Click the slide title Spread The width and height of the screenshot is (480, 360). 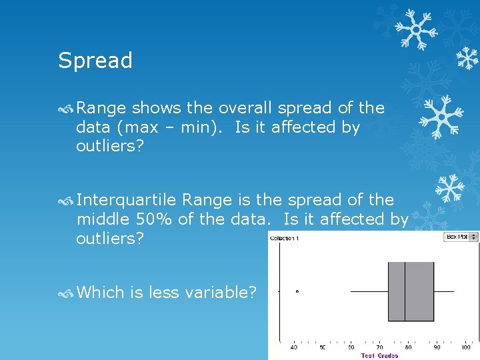click(x=95, y=61)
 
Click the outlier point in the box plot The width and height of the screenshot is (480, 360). click(x=297, y=291)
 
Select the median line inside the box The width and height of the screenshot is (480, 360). click(x=405, y=291)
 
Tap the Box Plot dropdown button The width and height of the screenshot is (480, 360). click(x=461, y=237)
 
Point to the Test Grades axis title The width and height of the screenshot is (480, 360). click(x=379, y=355)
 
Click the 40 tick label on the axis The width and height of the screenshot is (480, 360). click(x=294, y=347)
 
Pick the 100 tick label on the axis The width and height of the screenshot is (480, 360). click(x=465, y=347)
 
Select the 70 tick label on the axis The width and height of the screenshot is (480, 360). click(x=379, y=347)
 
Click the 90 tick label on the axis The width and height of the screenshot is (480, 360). click(x=437, y=347)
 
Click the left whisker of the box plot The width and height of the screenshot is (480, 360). click(x=369, y=291)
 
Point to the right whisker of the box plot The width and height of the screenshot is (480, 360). click(x=444, y=291)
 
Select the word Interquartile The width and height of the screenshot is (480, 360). click(x=127, y=200)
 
